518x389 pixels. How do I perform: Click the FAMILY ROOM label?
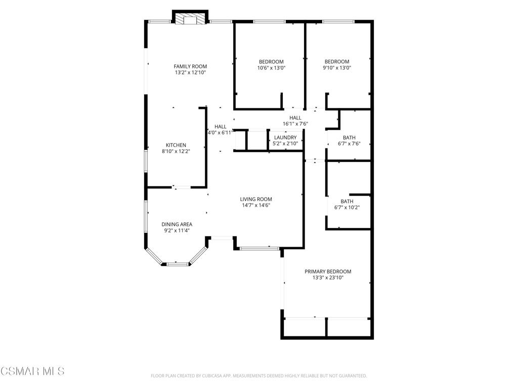point(190,66)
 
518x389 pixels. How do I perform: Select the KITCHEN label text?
point(176,145)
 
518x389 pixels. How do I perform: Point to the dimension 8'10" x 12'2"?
point(176,151)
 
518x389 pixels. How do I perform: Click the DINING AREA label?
point(177,224)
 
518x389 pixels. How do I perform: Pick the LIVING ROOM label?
point(256,199)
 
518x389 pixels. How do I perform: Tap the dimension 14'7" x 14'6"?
point(256,206)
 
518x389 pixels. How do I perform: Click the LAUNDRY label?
point(285,138)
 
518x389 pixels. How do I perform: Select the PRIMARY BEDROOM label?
point(328,271)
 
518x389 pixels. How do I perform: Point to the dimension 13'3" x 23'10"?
point(328,278)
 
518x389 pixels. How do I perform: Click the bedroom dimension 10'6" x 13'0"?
point(271,68)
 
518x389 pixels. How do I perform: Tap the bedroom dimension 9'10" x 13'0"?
point(337,68)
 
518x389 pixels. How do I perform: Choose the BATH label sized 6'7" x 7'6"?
point(349,138)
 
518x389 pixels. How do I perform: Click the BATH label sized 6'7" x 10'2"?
point(347,202)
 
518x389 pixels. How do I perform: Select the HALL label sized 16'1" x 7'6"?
point(295,118)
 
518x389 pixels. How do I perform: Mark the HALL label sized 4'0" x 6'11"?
point(221,127)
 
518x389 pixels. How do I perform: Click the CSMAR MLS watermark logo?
point(32,371)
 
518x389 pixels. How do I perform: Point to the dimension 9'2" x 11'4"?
point(177,231)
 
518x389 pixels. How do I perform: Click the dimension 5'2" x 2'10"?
point(285,144)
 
